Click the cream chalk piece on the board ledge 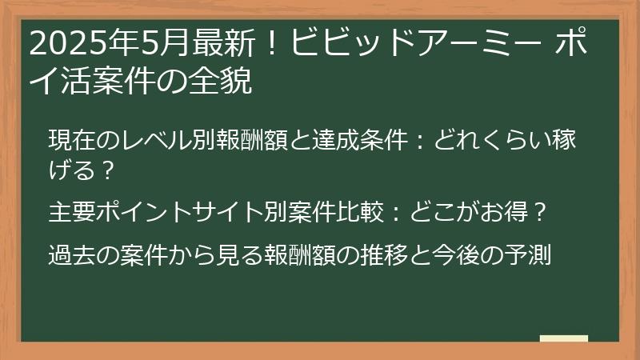563,339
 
